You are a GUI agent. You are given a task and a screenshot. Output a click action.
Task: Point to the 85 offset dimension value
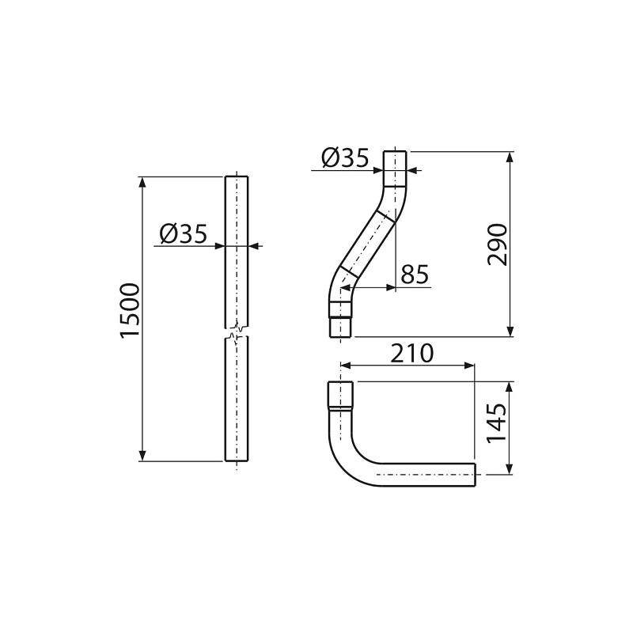pyautogui.click(x=415, y=275)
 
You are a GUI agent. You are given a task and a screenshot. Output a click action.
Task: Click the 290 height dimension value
pyautogui.click(x=496, y=244)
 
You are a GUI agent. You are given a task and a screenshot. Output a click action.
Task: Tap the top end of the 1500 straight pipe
pyautogui.click(x=236, y=177)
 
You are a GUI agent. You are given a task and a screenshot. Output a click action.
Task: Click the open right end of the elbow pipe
pyautogui.click(x=473, y=475)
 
